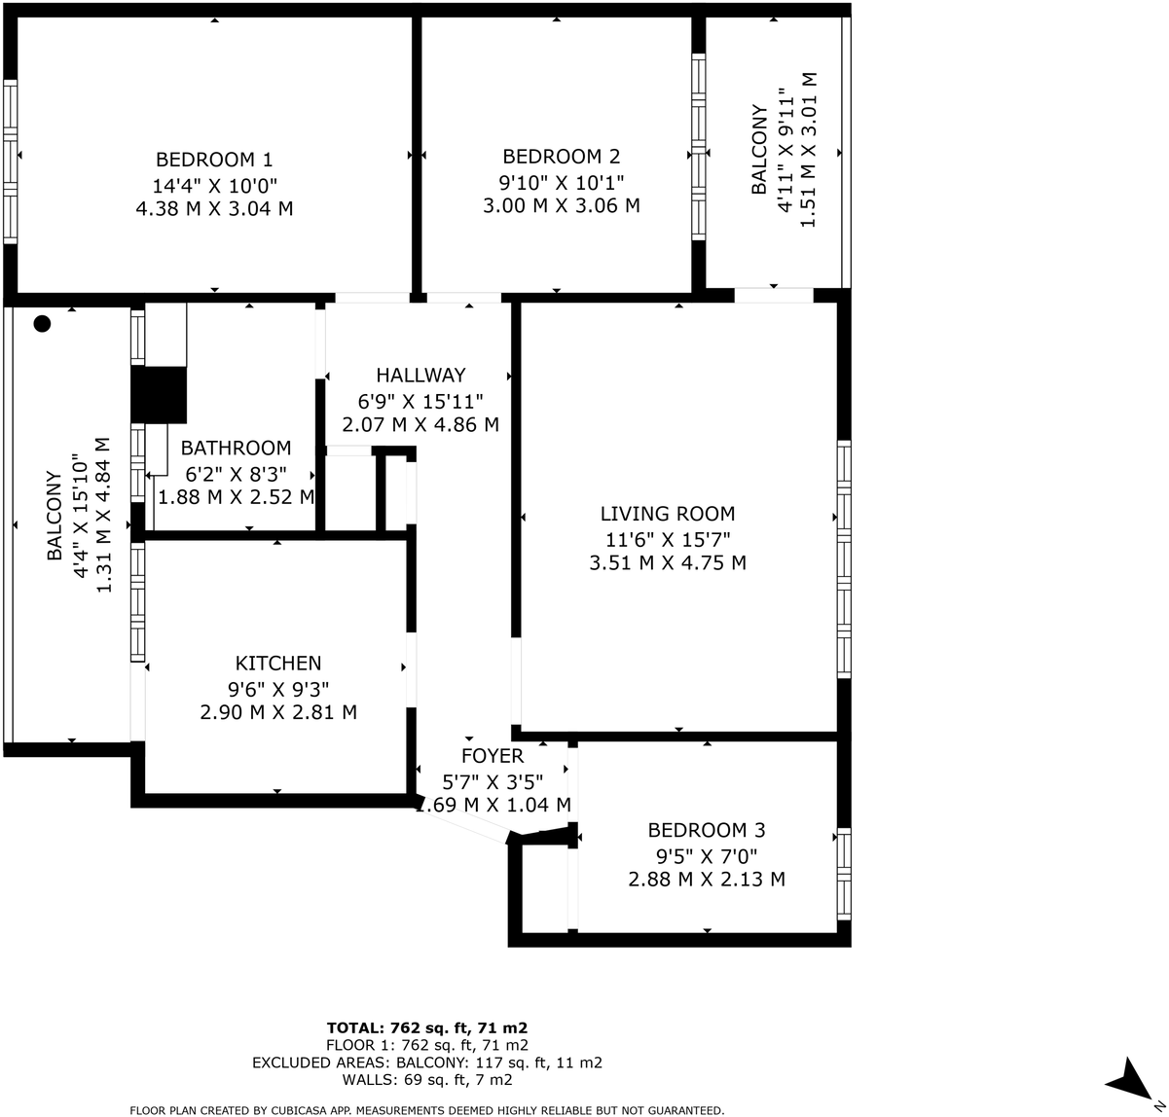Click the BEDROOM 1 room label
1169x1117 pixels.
(x=214, y=160)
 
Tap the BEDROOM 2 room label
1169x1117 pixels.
(x=561, y=157)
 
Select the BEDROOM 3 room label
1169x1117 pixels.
(x=707, y=830)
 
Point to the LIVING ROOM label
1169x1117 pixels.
(x=668, y=514)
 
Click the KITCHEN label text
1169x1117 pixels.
(x=278, y=664)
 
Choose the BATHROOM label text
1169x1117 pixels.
(x=236, y=449)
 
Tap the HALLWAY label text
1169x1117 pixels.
(x=420, y=376)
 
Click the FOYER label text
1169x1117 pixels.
(x=493, y=756)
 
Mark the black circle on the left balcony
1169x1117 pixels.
(x=42, y=324)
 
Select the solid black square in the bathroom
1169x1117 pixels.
(x=158, y=395)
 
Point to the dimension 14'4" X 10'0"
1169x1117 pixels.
(x=214, y=185)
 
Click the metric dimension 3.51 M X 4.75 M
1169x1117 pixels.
(x=668, y=562)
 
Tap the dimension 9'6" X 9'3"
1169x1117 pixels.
(x=278, y=689)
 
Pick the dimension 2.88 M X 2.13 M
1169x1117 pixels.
(x=707, y=880)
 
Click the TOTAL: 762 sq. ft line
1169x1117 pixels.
(x=427, y=1027)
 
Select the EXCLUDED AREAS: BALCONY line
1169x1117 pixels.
(x=427, y=1063)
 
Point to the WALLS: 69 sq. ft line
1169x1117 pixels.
(x=427, y=1080)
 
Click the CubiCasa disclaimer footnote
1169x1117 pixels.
(x=427, y=1110)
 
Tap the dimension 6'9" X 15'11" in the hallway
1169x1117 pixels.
(x=420, y=400)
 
